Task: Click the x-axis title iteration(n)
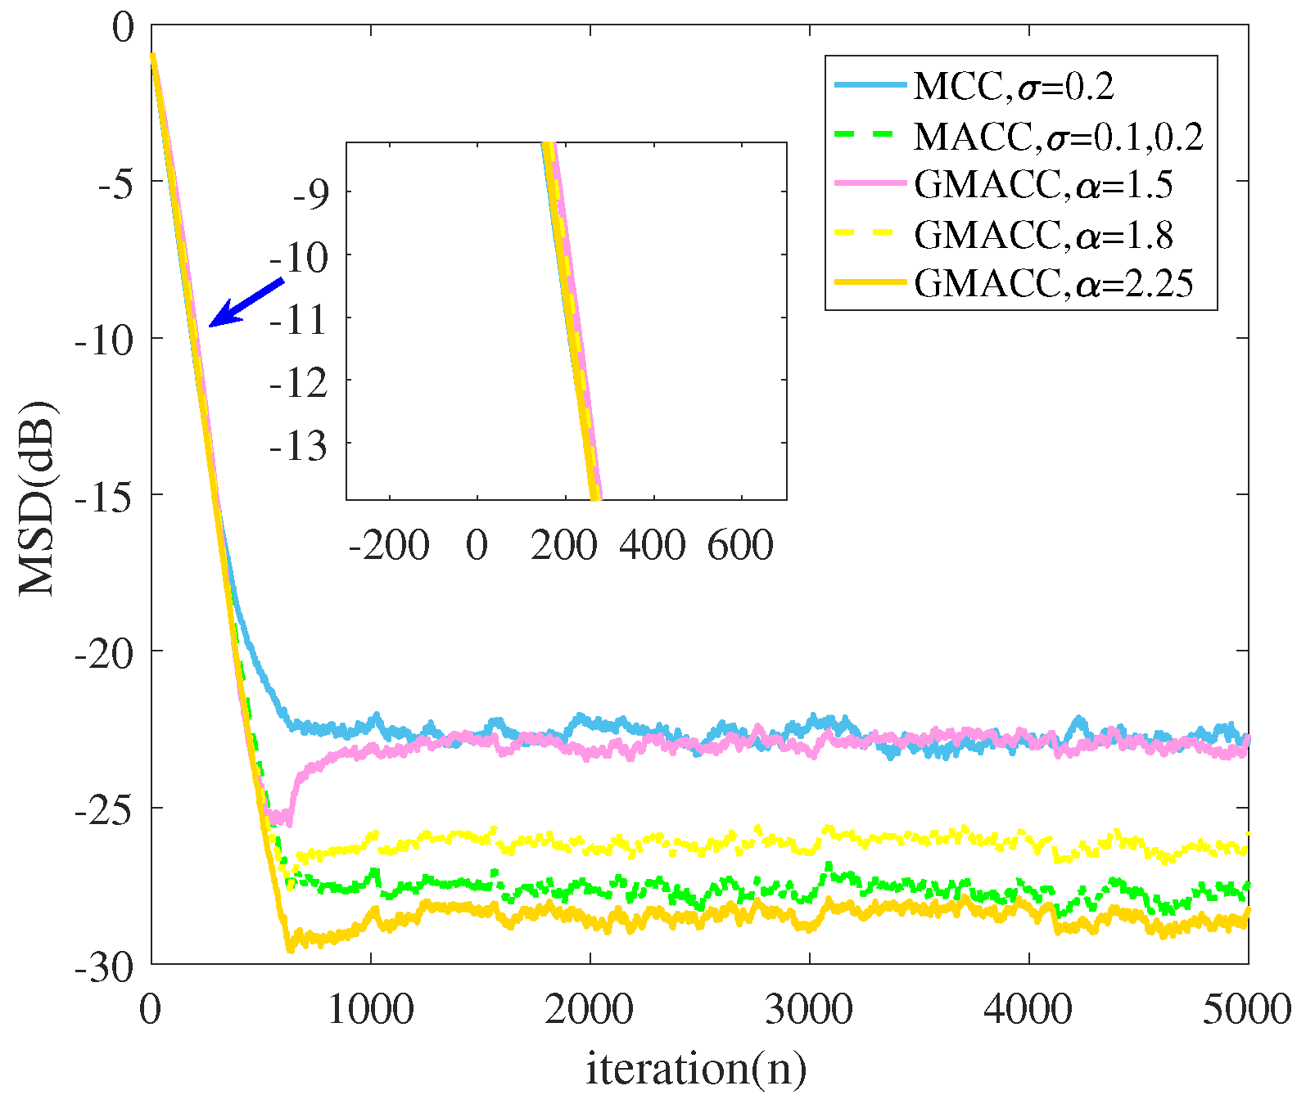(696, 1069)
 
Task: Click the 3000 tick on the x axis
(809, 1009)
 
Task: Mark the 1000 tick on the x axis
(370, 1009)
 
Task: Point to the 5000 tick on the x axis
(1246, 1009)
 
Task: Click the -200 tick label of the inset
(389, 545)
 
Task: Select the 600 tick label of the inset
(741, 545)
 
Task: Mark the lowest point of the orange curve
(289, 949)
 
